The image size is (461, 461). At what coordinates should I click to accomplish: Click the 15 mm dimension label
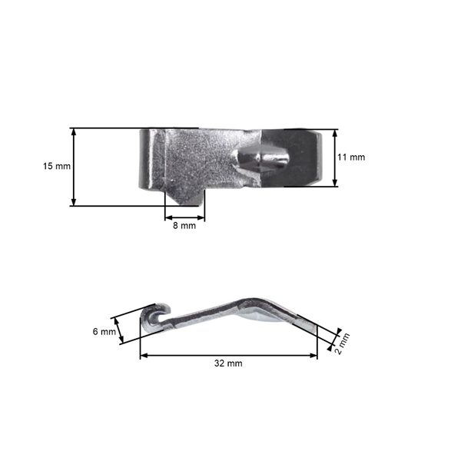57,167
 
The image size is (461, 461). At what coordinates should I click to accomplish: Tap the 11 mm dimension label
351,158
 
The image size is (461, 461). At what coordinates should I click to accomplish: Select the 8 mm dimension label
184,226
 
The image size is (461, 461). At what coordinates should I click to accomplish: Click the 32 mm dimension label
228,363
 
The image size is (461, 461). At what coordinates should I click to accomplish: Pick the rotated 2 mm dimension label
343,343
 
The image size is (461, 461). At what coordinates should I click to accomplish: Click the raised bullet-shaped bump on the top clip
264,159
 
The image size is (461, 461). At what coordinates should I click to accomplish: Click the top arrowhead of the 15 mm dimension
74,132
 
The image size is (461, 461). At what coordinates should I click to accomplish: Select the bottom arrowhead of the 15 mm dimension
74,202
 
